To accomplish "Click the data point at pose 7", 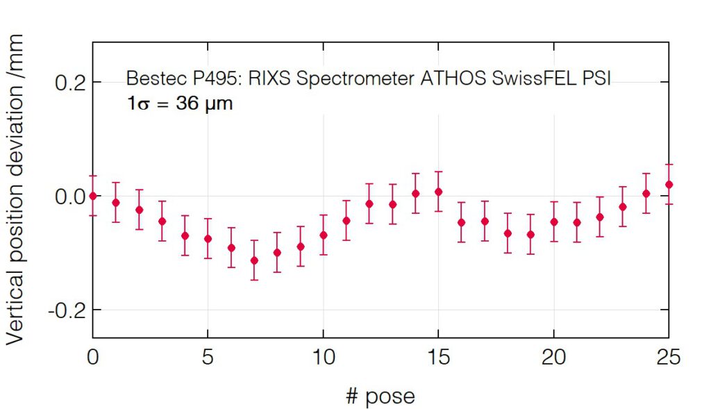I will (254, 260).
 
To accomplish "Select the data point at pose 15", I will (438, 192).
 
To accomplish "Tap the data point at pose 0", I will (93, 196).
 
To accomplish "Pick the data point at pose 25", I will (669, 185).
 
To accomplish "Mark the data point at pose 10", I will (323, 235).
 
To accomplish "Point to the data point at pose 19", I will (530, 235).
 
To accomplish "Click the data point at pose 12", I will (369, 204).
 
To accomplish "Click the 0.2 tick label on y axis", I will (69, 83).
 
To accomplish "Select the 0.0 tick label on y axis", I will (69, 197).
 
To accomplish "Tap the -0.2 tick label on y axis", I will (65, 310).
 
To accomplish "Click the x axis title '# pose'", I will (380, 396).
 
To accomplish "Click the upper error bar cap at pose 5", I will (208, 219).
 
